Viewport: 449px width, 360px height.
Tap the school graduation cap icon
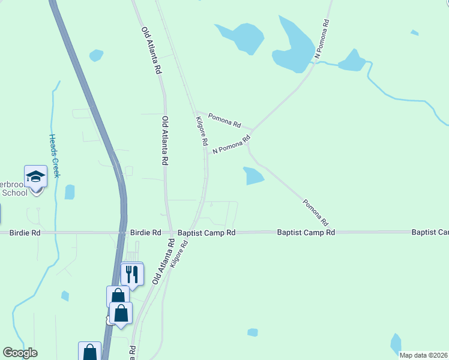click(35, 176)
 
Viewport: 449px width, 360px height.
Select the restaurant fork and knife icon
click(132, 274)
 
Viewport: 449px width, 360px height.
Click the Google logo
click(20, 353)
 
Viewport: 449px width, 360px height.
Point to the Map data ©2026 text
click(424, 355)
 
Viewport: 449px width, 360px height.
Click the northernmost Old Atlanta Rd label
click(151, 50)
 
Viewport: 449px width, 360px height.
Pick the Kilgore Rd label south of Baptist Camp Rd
click(179, 254)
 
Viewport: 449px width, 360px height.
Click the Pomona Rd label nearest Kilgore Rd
click(225, 120)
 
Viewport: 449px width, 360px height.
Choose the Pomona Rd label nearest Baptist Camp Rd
click(316, 212)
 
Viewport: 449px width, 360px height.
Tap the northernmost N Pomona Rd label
click(322, 40)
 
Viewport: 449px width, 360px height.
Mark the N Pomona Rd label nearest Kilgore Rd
click(231, 145)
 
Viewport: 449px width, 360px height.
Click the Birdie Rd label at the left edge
click(25, 232)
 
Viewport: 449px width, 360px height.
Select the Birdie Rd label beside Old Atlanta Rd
click(146, 232)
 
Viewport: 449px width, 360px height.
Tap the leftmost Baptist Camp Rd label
click(206, 232)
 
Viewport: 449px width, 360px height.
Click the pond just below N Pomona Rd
click(253, 176)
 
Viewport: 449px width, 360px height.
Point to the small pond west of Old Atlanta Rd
click(96, 55)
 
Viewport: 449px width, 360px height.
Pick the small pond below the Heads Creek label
click(70, 192)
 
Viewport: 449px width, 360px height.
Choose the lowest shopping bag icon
click(89, 352)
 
